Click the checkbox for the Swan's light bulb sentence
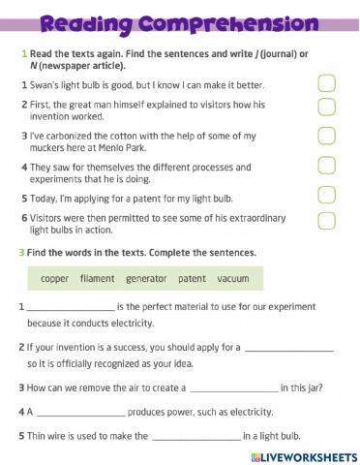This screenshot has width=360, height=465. [327, 85]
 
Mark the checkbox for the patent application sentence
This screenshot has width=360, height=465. [327, 197]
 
